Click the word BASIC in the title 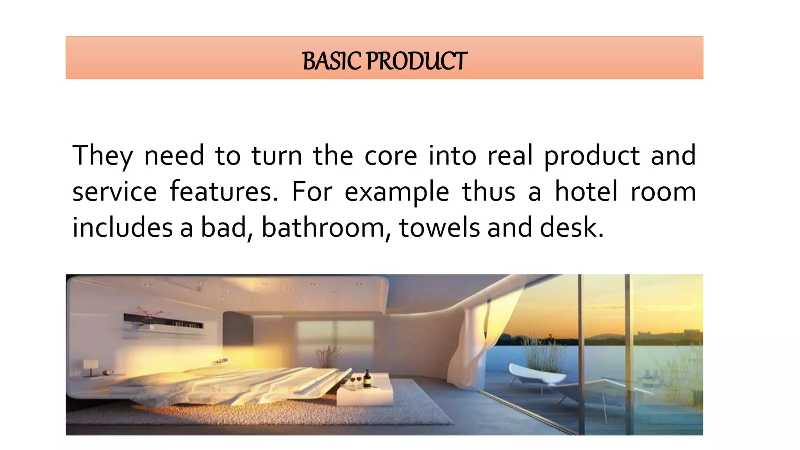(x=332, y=61)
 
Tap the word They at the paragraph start (x=102, y=156)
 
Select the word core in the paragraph (x=391, y=156)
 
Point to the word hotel (x=586, y=192)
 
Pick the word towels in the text (x=439, y=228)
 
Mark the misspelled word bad (x=224, y=228)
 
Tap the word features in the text (x=223, y=192)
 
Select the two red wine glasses (x=355, y=380)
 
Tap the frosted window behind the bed (x=335, y=336)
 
